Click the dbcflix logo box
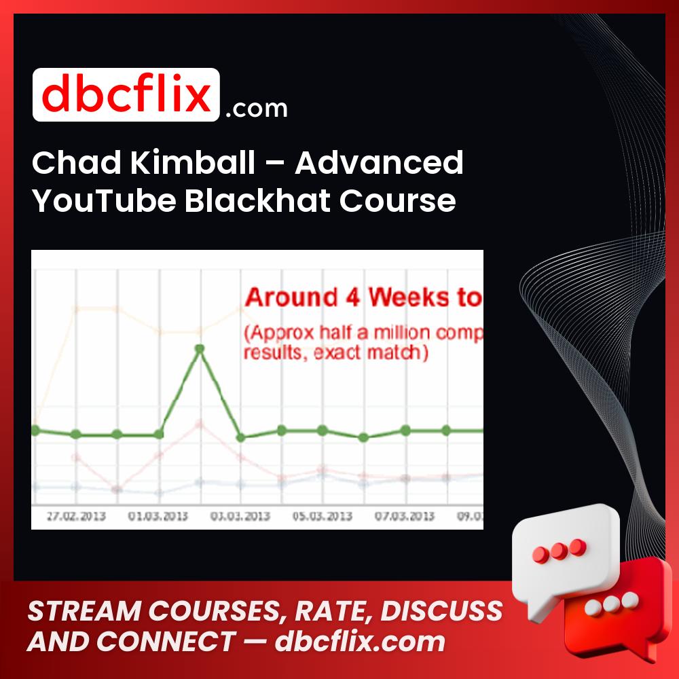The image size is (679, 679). [x=126, y=95]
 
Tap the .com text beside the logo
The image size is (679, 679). [x=256, y=109]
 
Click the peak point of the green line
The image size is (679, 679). [x=200, y=349]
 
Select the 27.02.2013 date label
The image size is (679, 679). [x=76, y=516]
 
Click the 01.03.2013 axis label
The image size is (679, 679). [x=158, y=516]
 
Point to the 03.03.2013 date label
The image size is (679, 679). [x=240, y=516]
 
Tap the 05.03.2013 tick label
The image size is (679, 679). [x=323, y=516]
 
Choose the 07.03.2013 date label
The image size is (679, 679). [x=405, y=516]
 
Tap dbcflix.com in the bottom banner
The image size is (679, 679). [x=360, y=641]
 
